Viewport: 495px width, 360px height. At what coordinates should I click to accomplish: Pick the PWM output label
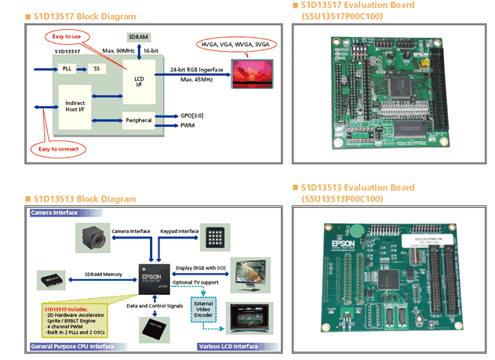187,125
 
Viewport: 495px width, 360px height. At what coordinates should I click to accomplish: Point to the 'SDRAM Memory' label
103,273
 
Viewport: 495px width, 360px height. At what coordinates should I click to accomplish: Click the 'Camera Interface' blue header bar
57,213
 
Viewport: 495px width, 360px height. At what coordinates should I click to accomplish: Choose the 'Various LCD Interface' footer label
227,346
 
